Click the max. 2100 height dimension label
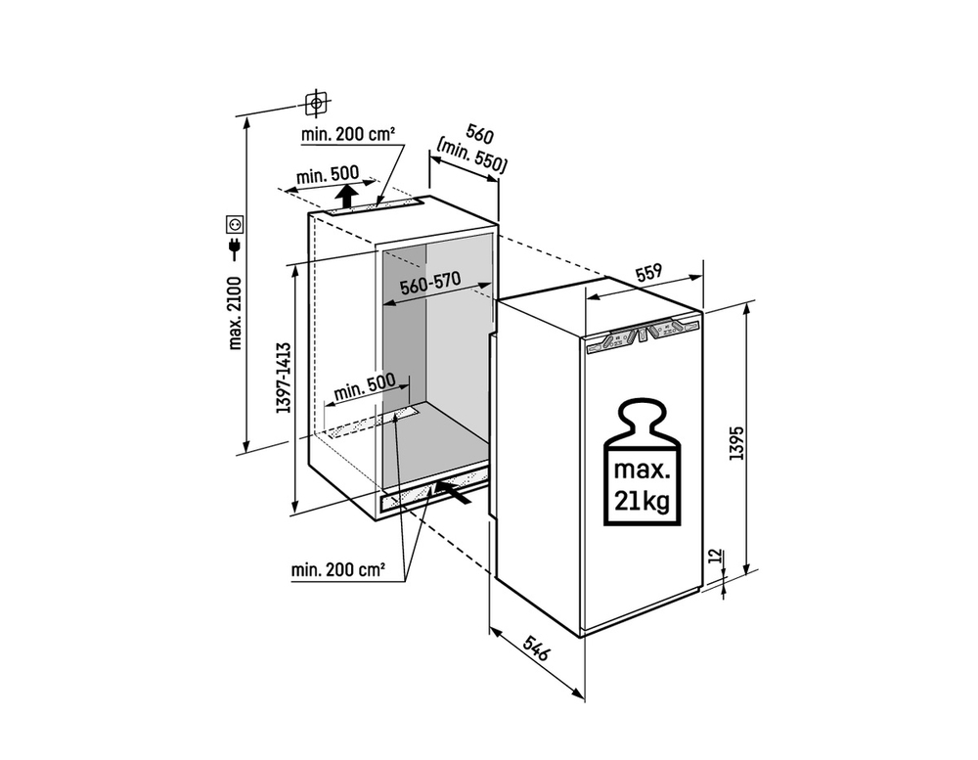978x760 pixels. tap(235, 313)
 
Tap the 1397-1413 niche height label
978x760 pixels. tap(284, 378)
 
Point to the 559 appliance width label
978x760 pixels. tap(648, 273)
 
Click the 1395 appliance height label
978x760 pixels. tap(737, 443)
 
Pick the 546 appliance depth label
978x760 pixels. tap(535, 648)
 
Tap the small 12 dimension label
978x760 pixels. tap(716, 556)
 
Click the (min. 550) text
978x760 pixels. tap(471, 156)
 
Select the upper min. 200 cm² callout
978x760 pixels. tap(348, 134)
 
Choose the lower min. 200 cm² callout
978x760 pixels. tap(337, 569)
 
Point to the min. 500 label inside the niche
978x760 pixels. tap(364, 387)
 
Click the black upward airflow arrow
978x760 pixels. tap(346, 196)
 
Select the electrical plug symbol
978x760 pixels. tap(235, 248)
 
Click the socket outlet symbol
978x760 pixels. tap(235, 223)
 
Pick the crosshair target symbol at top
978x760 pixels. tap(317, 103)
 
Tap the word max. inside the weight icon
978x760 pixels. tap(643, 469)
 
